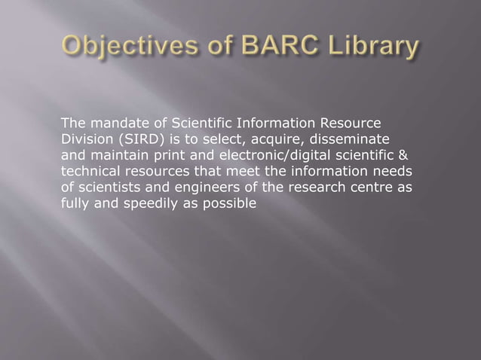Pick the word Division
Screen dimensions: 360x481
pyautogui.click(x=84, y=139)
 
